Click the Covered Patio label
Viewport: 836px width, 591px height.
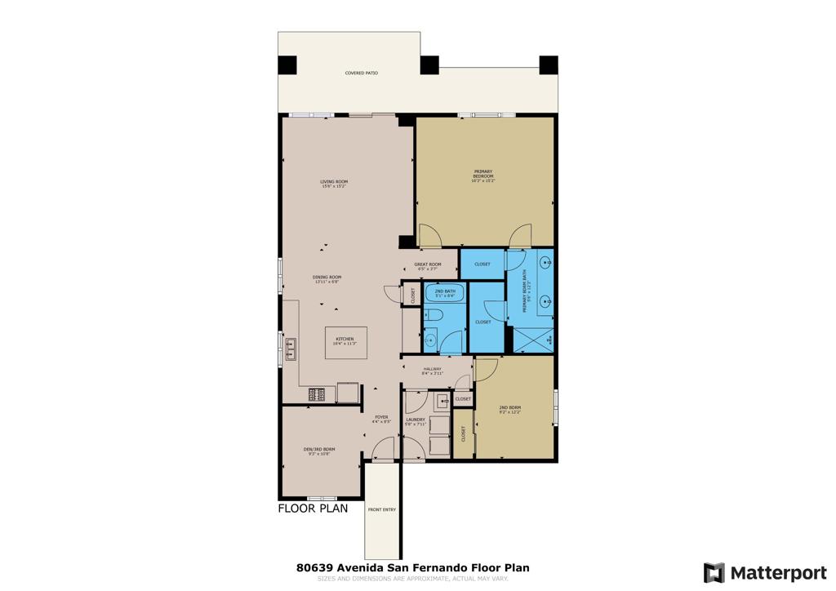tap(361, 73)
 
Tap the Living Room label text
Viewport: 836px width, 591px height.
tap(334, 184)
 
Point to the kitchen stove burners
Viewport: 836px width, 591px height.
tap(317, 394)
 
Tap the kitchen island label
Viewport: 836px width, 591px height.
tap(345, 341)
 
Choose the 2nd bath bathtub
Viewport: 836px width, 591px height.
tap(445, 292)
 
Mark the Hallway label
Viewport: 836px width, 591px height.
tap(433, 371)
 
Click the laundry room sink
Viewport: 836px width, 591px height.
tap(442, 400)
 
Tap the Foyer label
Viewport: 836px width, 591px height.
tap(381, 419)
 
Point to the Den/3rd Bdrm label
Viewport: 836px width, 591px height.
tap(318, 451)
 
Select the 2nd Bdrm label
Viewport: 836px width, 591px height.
tap(509, 409)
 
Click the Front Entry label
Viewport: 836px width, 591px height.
tap(381, 510)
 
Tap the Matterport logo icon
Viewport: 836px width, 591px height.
tap(714, 572)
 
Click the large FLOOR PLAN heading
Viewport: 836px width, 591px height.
tap(313, 508)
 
